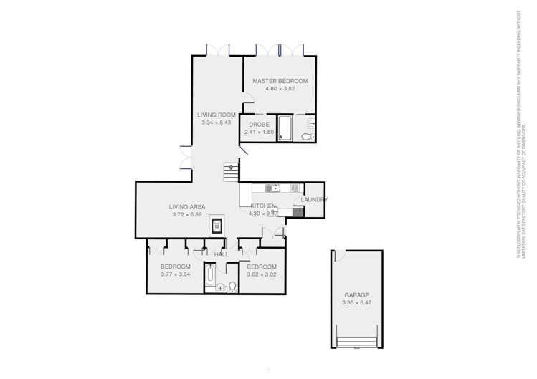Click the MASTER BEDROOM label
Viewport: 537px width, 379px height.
(x=284, y=81)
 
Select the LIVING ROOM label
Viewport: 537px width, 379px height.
(x=217, y=115)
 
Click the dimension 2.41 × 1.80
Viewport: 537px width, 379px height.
(x=258, y=132)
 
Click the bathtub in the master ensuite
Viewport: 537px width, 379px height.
(x=284, y=128)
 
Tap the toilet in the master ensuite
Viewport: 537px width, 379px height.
(x=306, y=136)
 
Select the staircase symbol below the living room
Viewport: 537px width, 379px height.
(x=231, y=171)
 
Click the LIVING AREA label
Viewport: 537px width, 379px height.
(x=187, y=206)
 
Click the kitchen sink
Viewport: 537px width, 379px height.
(x=272, y=188)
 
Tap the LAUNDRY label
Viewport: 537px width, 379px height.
(x=313, y=199)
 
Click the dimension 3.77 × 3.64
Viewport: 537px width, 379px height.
(x=175, y=274)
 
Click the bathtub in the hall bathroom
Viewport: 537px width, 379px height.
(x=209, y=275)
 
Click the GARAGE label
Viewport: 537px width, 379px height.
(x=356, y=294)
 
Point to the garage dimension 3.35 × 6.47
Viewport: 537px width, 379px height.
(x=356, y=302)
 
